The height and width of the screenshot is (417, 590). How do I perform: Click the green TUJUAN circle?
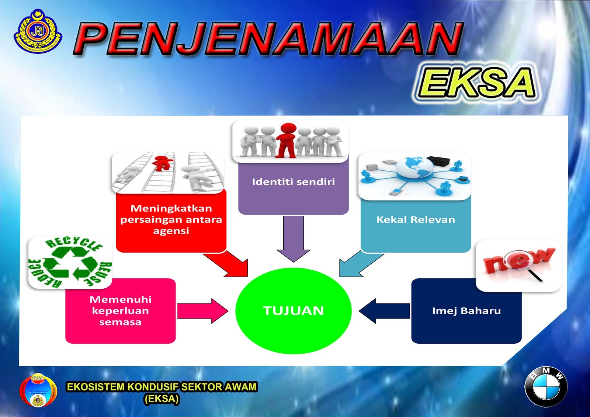pos(293,311)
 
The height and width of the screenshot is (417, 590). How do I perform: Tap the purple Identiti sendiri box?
pos(293,188)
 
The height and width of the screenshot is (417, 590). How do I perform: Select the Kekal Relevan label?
pos(416,220)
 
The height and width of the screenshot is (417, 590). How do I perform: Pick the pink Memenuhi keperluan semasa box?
pos(120,311)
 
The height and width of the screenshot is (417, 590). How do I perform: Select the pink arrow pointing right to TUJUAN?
pos(202,311)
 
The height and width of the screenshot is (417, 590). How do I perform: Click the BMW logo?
pos(546,387)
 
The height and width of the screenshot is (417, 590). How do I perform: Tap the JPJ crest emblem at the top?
pos(38,31)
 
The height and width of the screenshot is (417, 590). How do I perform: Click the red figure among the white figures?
pos(287,140)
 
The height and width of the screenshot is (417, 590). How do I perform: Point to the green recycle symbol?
pos(70,263)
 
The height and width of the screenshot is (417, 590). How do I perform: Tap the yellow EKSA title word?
pos(476,83)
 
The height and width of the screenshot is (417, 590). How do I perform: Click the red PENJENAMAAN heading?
pos(269,39)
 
